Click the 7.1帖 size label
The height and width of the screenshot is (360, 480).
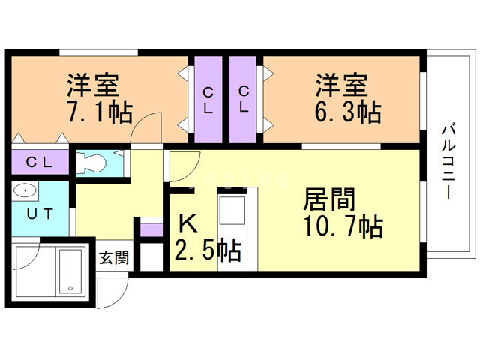(100, 112)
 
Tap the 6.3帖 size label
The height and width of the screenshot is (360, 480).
(348, 112)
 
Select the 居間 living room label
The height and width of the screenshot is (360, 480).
(329, 199)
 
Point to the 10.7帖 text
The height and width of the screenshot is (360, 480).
(343, 226)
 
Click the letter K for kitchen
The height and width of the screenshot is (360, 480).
(187, 223)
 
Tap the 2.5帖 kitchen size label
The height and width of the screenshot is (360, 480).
(208, 249)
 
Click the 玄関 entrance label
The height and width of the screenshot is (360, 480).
(114, 257)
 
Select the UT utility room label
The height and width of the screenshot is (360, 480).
(40, 214)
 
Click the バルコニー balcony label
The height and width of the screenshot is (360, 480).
(448, 162)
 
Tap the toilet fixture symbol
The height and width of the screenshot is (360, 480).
(91, 163)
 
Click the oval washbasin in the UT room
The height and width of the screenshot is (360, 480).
(25, 191)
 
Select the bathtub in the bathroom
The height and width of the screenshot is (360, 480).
(70, 271)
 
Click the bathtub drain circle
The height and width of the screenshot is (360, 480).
(70, 288)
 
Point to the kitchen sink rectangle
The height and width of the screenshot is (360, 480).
(232, 211)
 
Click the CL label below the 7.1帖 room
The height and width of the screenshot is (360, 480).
(39, 162)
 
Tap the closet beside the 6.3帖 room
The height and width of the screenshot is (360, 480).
(243, 100)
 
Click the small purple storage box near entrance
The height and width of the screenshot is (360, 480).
(151, 230)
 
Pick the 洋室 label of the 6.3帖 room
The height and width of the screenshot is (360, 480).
(342, 85)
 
